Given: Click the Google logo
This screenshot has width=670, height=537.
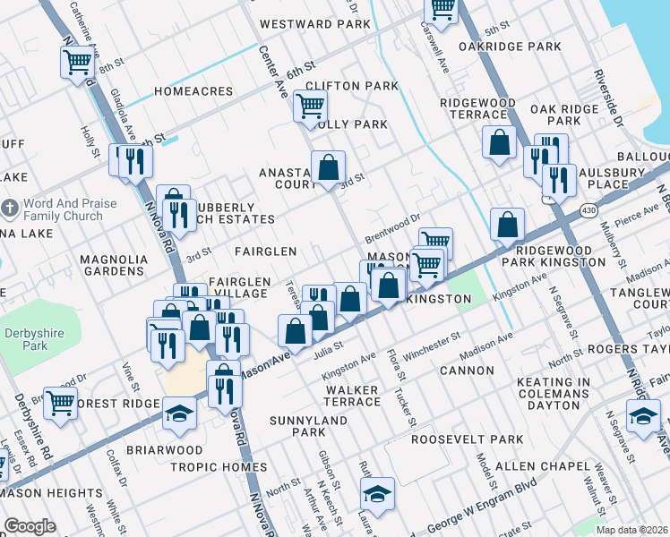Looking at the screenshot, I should point(30,526).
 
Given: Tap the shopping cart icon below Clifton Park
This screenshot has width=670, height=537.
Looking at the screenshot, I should point(310,106).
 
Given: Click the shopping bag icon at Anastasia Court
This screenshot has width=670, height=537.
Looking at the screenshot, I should point(329,166).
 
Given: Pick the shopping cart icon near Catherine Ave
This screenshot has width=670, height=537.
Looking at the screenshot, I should point(78,62).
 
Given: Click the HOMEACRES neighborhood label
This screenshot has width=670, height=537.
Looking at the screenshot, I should point(193,91).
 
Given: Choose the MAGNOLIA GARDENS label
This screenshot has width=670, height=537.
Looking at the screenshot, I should point(113,265).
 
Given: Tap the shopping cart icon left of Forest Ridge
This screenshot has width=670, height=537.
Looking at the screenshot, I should point(60,402).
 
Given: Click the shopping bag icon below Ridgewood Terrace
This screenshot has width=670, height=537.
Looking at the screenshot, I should point(499,141).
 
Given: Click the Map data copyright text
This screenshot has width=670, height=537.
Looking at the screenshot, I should point(631,530).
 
